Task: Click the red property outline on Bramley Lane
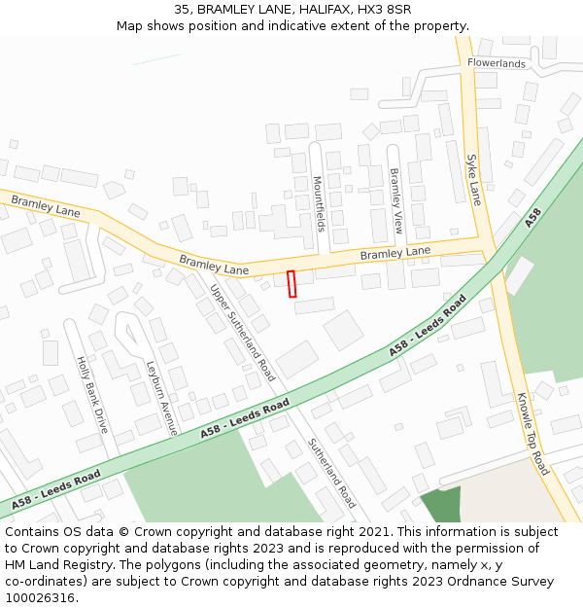click(x=291, y=283)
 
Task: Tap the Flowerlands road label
click(x=496, y=63)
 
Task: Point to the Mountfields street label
click(x=318, y=203)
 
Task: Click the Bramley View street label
click(x=395, y=200)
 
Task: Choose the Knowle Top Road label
click(x=532, y=434)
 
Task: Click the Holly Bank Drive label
click(x=91, y=394)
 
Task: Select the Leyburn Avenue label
click(x=161, y=397)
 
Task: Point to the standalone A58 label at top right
click(x=532, y=218)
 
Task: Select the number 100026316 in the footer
click(x=41, y=598)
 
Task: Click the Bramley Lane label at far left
click(x=46, y=206)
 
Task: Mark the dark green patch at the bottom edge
click(x=440, y=506)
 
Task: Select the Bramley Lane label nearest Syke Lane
click(x=394, y=253)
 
